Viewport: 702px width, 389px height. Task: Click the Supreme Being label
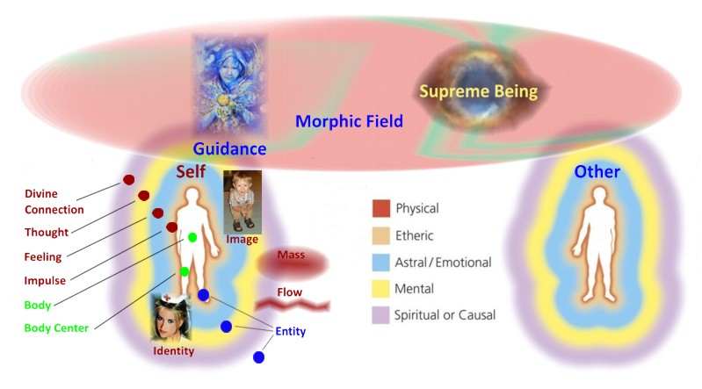click(x=478, y=91)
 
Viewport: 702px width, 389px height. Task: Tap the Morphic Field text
click(x=349, y=121)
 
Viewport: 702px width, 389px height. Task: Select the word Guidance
click(x=229, y=148)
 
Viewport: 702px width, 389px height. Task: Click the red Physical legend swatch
click(x=381, y=209)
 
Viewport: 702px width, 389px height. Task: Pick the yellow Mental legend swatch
click(x=380, y=289)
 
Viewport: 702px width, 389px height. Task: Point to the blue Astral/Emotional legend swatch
click(x=380, y=263)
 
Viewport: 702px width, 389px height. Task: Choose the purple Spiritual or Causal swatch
click(x=380, y=315)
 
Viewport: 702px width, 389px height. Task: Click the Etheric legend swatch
click(x=380, y=235)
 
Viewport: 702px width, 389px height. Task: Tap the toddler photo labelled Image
click(x=242, y=202)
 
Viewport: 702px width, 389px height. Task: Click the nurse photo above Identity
click(x=171, y=318)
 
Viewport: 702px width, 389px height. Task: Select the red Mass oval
click(x=293, y=263)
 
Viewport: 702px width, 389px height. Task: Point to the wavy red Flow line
click(x=293, y=306)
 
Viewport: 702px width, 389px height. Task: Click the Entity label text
click(x=291, y=331)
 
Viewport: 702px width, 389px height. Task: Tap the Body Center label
click(x=56, y=328)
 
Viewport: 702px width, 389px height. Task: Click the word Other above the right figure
click(x=597, y=171)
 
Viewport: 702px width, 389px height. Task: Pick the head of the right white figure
click(x=599, y=195)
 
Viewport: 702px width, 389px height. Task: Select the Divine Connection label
click(x=54, y=202)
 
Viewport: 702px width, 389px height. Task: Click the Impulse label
click(x=45, y=281)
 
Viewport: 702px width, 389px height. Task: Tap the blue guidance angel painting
click(x=229, y=85)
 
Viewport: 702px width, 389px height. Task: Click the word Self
click(x=191, y=171)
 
